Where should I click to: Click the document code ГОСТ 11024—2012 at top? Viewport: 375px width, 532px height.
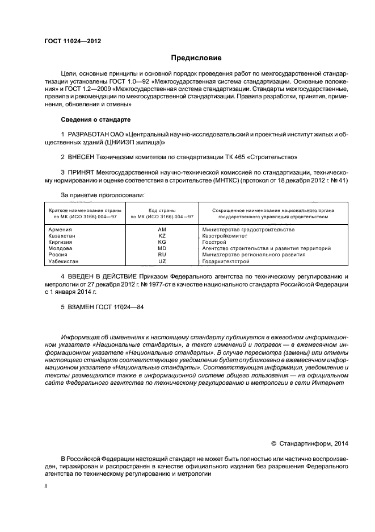tap(73, 41)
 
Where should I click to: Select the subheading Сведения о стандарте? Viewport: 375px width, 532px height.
tap(95, 120)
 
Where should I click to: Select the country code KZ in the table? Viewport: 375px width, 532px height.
tap(162, 235)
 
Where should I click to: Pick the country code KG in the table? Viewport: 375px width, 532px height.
tap(162, 242)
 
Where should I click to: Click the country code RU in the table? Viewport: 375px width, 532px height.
tap(162, 255)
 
